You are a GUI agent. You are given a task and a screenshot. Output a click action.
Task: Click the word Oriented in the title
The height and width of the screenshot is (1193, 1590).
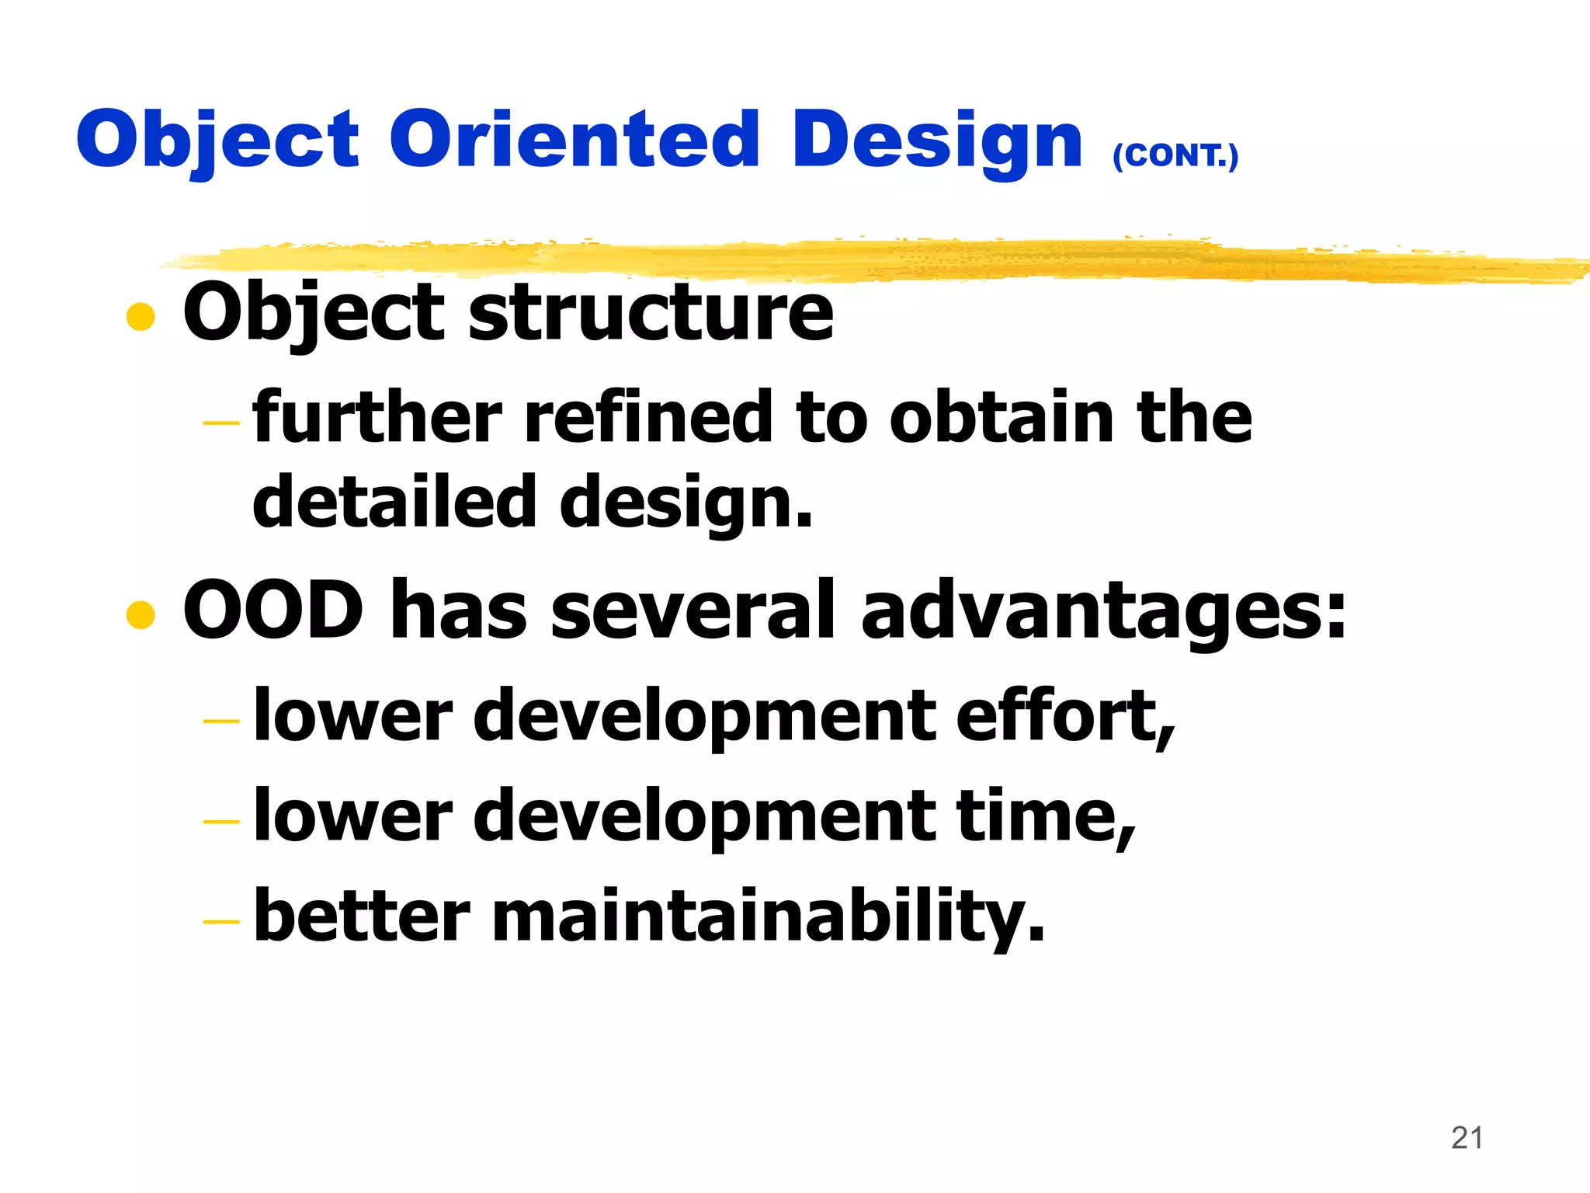pyautogui.click(x=574, y=139)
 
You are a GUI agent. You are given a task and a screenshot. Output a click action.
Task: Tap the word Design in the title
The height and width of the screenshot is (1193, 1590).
pyautogui.click(x=936, y=141)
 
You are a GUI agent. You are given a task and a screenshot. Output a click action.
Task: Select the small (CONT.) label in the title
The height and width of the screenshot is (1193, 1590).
pyautogui.click(x=1175, y=155)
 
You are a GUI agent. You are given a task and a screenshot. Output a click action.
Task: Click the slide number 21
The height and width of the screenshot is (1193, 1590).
pyautogui.click(x=1467, y=1138)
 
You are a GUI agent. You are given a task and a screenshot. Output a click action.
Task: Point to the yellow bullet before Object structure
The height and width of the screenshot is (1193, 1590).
pyautogui.click(x=141, y=316)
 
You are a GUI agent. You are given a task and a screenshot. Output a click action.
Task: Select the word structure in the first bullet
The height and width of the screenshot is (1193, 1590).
pyautogui.click(x=651, y=312)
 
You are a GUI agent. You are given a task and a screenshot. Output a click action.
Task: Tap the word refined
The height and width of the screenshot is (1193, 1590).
pyautogui.click(x=649, y=418)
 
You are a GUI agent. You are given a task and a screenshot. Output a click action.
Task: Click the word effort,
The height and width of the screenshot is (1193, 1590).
pyautogui.click(x=1065, y=716)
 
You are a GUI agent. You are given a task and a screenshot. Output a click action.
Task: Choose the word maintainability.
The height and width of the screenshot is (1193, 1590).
pyautogui.click(x=769, y=916)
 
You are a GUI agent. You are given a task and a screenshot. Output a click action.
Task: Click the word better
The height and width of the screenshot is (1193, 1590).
pyautogui.click(x=362, y=916)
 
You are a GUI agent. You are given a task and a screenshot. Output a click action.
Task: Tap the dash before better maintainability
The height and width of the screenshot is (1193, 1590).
pyautogui.click(x=221, y=922)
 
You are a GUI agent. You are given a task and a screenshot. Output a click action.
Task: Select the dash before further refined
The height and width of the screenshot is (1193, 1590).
pyautogui.click(x=221, y=423)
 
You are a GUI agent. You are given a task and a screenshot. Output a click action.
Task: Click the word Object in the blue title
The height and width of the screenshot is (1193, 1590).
pyautogui.click(x=218, y=141)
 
